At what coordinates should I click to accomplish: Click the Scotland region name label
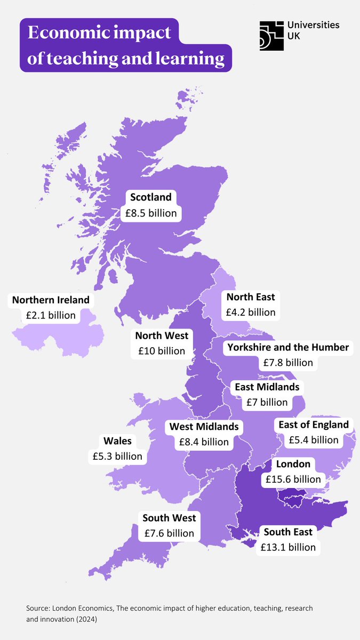[x=151, y=197]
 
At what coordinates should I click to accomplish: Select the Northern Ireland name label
[x=51, y=300]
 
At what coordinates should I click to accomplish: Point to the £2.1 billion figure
[x=51, y=315]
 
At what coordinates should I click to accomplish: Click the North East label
[x=251, y=297]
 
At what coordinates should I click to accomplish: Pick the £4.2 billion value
[x=251, y=312]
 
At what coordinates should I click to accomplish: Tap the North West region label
[x=162, y=335]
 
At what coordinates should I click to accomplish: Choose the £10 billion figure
[x=162, y=351]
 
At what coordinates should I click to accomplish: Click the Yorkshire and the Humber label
[x=288, y=347]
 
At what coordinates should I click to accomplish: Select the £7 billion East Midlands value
[x=267, y=402]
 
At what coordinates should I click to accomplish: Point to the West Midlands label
[x=204, y=427]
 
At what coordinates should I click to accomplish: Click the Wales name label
[x=117, y=441]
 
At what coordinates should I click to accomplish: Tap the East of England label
[x=313, y=425]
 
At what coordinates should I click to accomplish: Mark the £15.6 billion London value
[x=293, y=479]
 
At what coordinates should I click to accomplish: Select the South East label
[x=288, y=532]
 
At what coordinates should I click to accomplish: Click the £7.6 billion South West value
[x=169, y=533]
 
